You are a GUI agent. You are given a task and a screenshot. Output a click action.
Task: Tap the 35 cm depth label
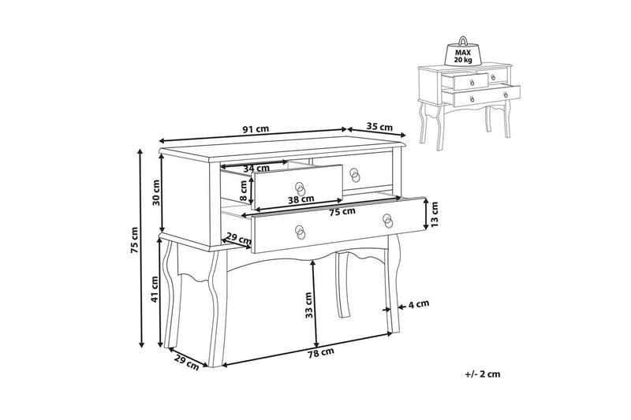380,127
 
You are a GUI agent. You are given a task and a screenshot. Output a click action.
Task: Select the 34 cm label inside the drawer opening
256,168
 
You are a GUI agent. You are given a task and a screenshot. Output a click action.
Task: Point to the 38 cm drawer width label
297,200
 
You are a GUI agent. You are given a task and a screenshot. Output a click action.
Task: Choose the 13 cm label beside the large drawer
433,213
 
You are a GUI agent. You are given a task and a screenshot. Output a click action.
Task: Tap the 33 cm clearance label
309,304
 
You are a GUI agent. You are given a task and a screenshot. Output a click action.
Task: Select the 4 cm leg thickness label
417,304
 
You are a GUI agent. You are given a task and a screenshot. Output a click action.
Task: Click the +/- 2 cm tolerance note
481,374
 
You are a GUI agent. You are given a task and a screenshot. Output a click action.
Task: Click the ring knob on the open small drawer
301,187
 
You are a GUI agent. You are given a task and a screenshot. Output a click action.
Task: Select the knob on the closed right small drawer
352,175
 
